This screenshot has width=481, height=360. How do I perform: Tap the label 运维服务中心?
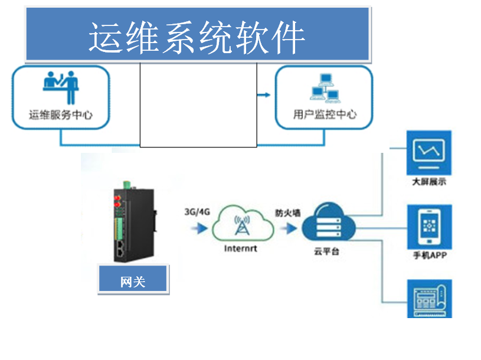61,114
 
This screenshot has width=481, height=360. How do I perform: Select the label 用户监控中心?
325,114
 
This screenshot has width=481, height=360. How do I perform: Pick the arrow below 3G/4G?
200,227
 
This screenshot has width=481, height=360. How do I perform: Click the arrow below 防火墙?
289,227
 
